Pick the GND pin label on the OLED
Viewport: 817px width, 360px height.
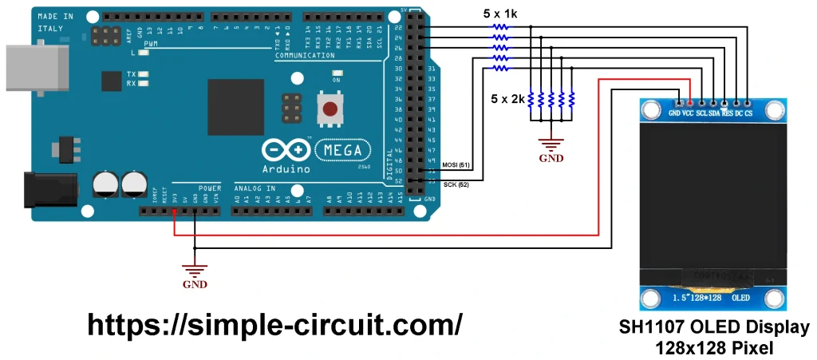[675, 113]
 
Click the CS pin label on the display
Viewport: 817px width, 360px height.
[748, 113]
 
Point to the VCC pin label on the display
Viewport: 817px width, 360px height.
[688, 113]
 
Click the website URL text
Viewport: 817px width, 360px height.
[274, 324]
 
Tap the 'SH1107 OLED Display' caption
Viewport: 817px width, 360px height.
[714, 328]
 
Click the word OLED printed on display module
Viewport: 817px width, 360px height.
[740, 298]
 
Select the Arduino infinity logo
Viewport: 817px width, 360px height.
[286, 150]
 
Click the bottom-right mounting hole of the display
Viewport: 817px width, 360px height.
[772, 299]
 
